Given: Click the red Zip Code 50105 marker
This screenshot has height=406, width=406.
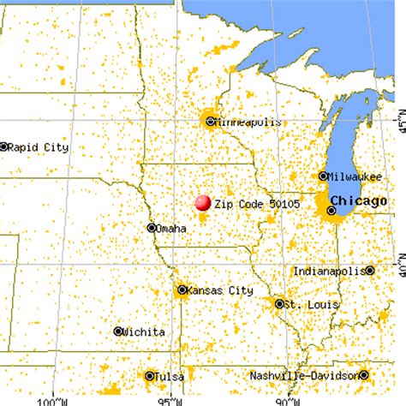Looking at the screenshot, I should click(x=203, y=203).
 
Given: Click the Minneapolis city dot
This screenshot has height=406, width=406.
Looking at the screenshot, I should click(x=211, y=121).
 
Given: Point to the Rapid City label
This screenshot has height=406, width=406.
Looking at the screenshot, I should click(x=39, y=146).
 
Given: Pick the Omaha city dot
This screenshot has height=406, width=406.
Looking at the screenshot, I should click(x=152, y=228).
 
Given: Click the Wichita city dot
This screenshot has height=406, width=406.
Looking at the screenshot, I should click(x=118, y=331).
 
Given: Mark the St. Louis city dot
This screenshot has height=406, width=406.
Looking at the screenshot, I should click(x=279, y=303).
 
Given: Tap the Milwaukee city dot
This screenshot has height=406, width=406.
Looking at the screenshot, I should click(x=323, y=176).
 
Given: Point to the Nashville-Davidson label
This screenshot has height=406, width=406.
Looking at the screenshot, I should click(x=304, y=376).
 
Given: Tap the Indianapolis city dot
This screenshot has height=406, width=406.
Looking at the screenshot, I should click(x=369, y=271).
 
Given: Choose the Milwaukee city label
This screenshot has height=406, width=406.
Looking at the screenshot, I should click(x=355, y=176).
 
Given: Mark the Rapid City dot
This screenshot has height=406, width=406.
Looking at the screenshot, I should click(x=4, y=146).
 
